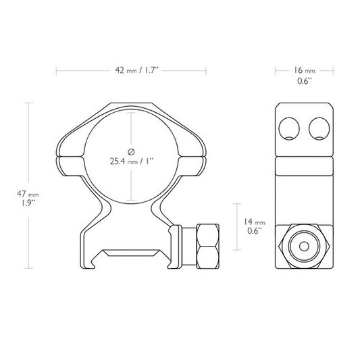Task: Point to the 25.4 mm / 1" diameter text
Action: pos(131,161)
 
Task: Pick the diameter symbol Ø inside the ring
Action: pos(131,149)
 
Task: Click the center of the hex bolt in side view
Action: pos(305,246)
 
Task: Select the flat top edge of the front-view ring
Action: pos(131,103)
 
